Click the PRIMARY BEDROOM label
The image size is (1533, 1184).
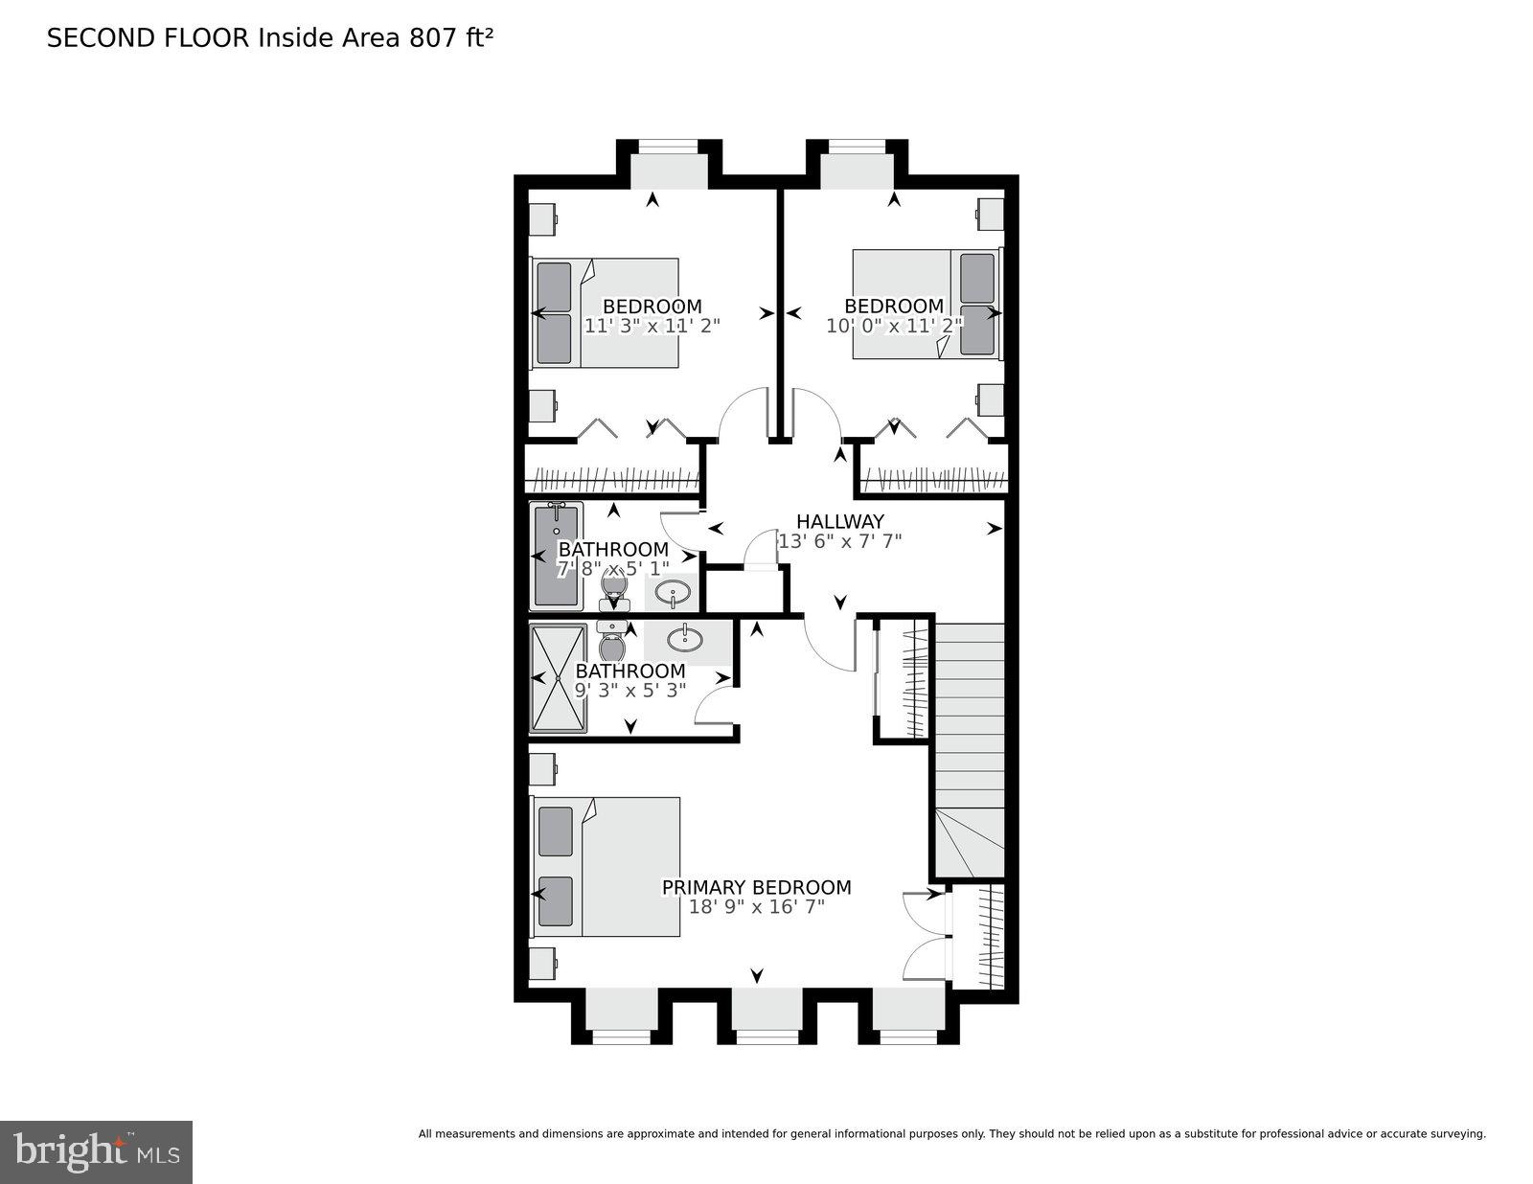click(756, 887)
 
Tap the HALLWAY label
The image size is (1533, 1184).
click(839, 521)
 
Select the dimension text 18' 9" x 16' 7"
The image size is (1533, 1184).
click(756, 906)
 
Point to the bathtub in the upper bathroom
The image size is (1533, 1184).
click(556, 556)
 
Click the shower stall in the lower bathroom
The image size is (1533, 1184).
click(558, 678)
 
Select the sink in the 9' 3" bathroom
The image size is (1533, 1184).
click(686, 638)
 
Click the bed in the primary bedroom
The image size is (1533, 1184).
click(606, 867)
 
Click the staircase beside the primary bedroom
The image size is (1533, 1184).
click(969, 747)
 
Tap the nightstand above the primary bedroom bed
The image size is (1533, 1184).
click(542, 768)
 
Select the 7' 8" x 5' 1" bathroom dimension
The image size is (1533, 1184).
click(613, 569)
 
